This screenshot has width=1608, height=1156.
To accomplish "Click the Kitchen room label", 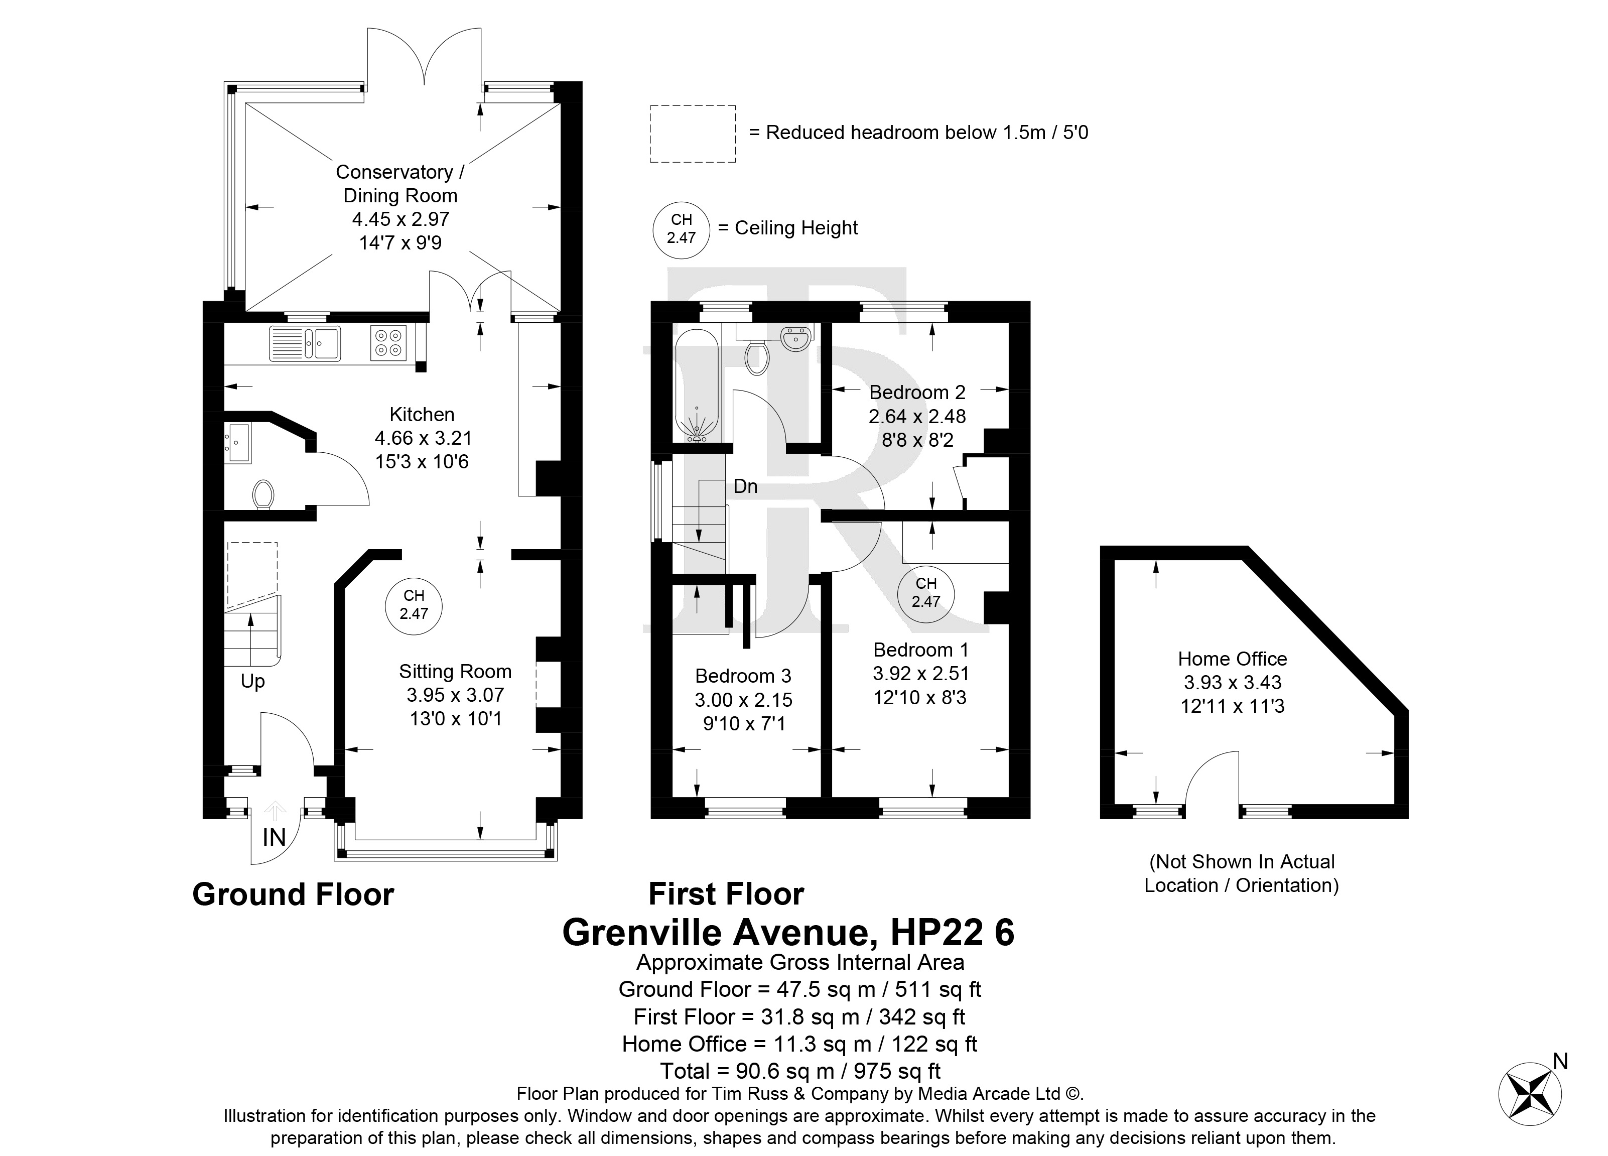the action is tap(422, 414).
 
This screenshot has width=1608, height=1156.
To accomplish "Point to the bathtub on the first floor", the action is tap(697, 388).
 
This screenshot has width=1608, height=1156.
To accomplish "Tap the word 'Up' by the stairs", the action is tap(252, 682).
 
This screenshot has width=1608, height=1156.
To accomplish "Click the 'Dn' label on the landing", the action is tap(745, 486).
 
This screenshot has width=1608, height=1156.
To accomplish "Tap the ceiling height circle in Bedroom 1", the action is tap(926, 593).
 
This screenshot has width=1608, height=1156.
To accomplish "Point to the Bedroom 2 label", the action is tap(917, 392).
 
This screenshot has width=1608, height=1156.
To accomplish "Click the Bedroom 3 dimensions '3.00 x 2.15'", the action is tap(743, 700).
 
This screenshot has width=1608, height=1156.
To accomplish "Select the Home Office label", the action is tap(1232, 659).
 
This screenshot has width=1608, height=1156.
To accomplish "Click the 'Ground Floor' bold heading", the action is tap(293, 895).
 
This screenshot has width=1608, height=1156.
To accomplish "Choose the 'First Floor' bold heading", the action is tap(726, 894).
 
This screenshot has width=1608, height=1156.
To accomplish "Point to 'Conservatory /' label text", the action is tap(400, 172).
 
